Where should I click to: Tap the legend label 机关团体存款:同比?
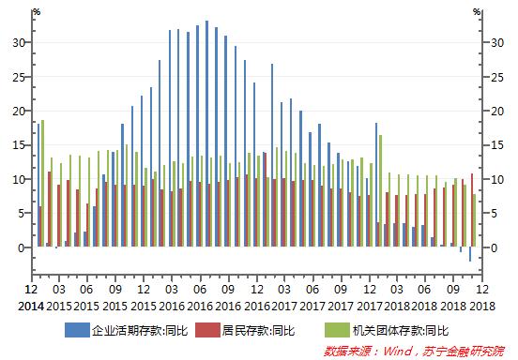399,330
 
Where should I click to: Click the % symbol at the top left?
37,12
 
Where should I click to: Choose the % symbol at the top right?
477,12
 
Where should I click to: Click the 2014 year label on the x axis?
31,307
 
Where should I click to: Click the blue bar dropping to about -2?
469,254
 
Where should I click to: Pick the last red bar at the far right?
472,210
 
